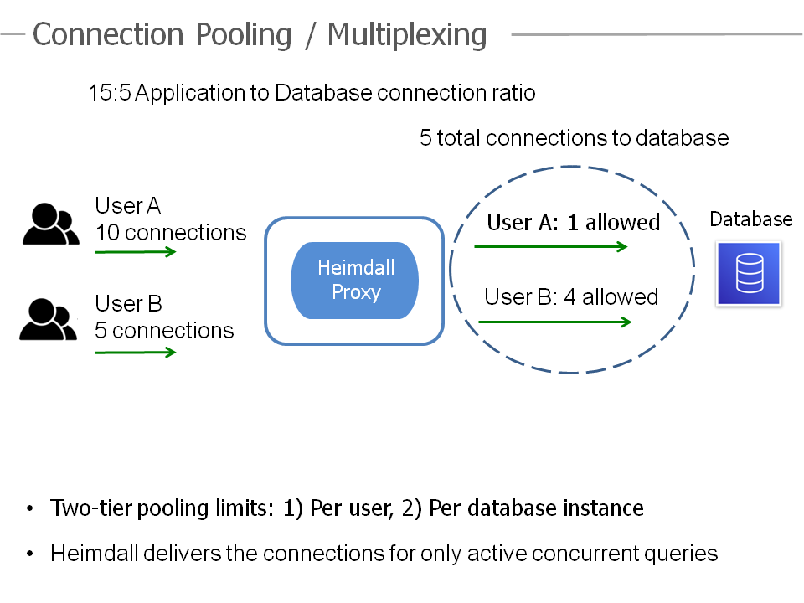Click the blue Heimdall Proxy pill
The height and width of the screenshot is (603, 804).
[x=354, y=281]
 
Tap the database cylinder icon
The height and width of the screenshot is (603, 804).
[x=749, y=274]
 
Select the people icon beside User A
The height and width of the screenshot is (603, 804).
[x=51, y=224]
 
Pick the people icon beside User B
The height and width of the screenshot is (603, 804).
[x=49, y=319]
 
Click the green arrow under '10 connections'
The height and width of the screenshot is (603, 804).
[x=136, y=252]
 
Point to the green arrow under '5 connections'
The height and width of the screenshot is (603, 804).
[x=136, y=353]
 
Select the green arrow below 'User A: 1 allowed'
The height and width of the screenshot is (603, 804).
[x=551, y=246]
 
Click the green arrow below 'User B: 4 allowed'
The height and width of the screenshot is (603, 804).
[x=554, y=322]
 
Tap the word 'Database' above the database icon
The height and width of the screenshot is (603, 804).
[x=751, y=219]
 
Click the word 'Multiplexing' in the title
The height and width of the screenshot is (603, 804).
[x=407, y=35]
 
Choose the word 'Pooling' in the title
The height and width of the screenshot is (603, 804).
[x=244, y=35]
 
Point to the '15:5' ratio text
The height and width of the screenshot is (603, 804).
[x=110, y=93]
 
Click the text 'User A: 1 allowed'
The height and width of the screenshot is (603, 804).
[x=573, y=223]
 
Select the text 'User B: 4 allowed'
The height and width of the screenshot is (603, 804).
[x=571, y=296]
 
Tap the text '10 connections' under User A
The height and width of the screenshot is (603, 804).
[x=171, y=233]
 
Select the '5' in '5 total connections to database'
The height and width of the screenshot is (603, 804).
[x=425, y=138]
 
